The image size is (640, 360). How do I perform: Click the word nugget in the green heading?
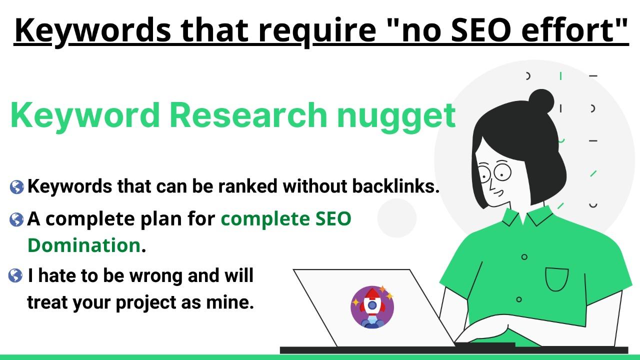point(395,115)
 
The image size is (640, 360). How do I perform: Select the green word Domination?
point(83,245)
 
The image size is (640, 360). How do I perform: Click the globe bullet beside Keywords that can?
point(16,187)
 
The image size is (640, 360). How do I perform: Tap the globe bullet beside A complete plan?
point(16,219)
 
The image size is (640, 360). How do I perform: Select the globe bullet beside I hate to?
point(15,275)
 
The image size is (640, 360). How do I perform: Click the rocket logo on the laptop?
point(372,306)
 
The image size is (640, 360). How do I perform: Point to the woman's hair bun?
point(541,102)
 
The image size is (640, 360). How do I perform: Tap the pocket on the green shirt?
point(556,279)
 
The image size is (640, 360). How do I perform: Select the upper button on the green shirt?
point(524,257)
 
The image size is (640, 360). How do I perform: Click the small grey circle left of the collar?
point(396,218)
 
